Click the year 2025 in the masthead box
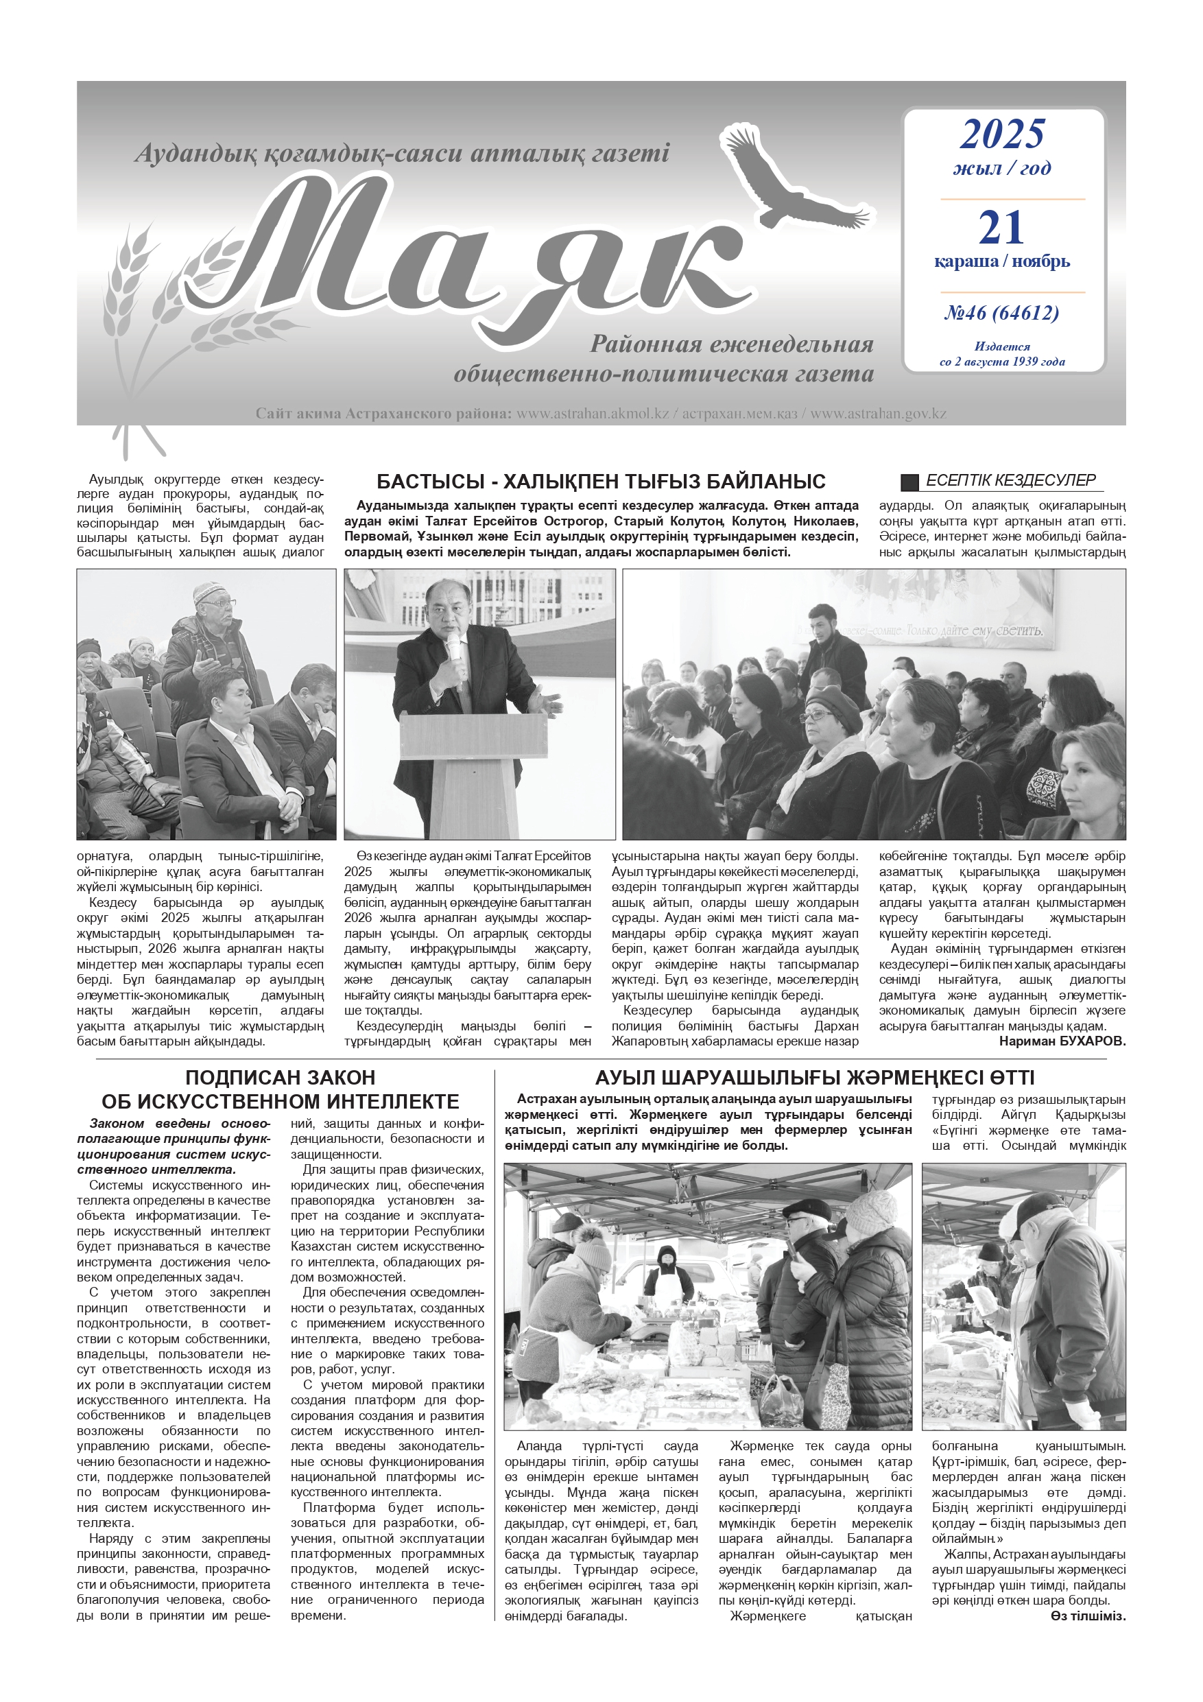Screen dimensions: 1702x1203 tap(1002, 134)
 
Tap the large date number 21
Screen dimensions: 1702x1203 tap(1001, 228)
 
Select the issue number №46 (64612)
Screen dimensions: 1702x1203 tap(1001, 313)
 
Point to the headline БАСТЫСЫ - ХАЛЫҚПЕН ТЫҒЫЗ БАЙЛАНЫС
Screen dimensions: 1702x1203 tap(600, 482)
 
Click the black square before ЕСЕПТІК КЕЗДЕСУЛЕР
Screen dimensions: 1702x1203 tap(909, 482)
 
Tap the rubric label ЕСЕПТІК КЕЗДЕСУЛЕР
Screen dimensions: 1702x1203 tap(1010, 480)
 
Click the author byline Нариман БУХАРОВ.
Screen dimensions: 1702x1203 tap(1062, 1041)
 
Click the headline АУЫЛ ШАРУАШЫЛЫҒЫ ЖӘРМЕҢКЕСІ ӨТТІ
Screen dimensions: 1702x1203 tap(814, 1077)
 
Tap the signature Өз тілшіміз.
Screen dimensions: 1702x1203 tap(1087, 1617)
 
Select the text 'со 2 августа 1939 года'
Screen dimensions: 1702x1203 tap(1002, 362)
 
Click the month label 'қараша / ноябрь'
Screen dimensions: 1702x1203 tap(1001, 261)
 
